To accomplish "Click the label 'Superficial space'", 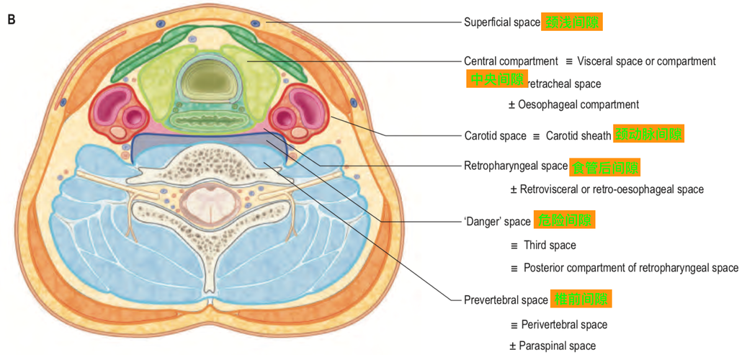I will point(501,22).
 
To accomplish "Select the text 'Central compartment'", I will point(511,61).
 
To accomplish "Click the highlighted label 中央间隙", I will point(496,79).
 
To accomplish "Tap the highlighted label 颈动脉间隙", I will point(648,135).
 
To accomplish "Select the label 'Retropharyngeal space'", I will point(516,166).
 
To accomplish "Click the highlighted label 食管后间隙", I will point(604,168).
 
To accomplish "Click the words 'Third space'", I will point(550,246).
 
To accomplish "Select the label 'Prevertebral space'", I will point(506,300).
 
